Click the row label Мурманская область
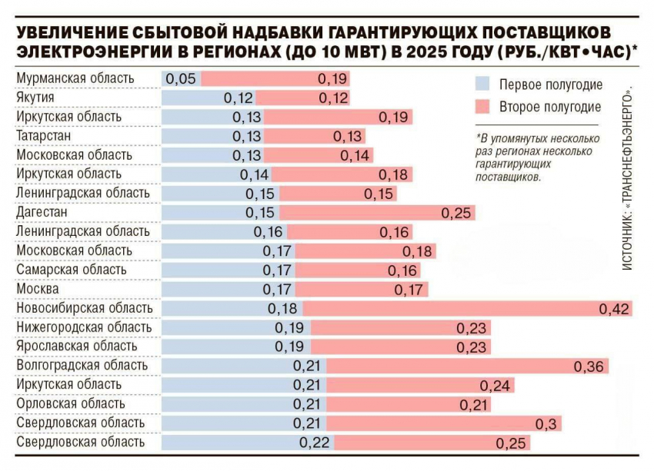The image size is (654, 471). [75, 78]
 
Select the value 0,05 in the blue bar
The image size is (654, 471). [181, 78]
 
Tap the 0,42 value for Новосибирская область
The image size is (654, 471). [615, 309]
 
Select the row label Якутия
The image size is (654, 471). [35, 98]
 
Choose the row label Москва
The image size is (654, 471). [37, 290]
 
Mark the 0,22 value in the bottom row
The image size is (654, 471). [315, 443]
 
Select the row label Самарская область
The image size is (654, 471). [71, 270]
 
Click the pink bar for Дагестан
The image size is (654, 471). [377, 213]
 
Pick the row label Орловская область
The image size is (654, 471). [70, 404]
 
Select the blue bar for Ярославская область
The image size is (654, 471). [235, 347]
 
